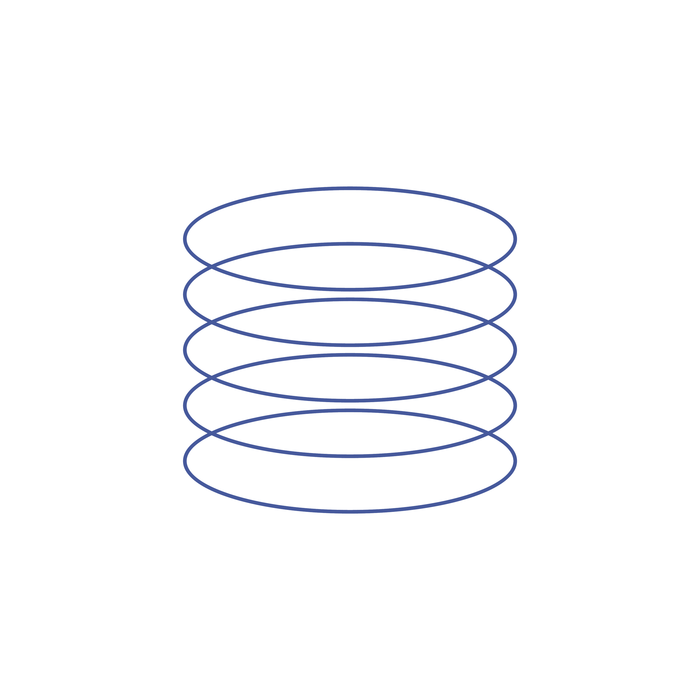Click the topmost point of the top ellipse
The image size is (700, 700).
click(350, 188)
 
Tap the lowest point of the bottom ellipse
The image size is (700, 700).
click(350, 512)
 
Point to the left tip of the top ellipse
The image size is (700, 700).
click(185, 239)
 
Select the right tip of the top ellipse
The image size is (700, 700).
click(515, 239)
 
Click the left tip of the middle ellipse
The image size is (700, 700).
click(185, 350)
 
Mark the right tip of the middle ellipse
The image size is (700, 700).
click(515, 350)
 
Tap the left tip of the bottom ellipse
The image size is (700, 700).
click(185, 461)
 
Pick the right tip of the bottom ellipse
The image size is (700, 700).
click(515, 461)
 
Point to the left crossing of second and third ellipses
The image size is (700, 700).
click(212, 322)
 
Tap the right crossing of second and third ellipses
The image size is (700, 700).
click(488, 322)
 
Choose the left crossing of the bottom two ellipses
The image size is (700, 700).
click(212, 433)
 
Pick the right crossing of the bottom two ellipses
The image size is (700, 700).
click(488, 433)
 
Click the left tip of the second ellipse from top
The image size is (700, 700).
click(185, 295)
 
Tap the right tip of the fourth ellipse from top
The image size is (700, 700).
click(515, 406)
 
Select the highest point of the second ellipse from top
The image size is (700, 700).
click(350, 244)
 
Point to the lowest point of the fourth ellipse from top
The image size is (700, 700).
click(350, 456)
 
